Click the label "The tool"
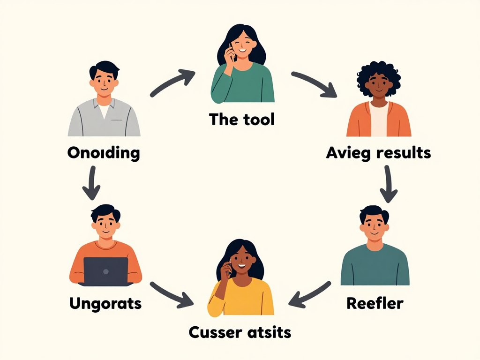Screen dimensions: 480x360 coord(242,119)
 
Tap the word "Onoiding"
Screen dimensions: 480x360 coord(104,153)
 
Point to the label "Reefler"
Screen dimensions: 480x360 coord(375,303)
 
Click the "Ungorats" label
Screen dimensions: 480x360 coord(105,304)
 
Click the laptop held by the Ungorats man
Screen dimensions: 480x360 coord(106,271)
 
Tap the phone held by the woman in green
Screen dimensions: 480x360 coord(231,52)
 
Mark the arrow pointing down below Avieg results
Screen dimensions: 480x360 coord(389,184)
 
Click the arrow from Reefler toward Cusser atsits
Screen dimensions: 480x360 coord(309,294)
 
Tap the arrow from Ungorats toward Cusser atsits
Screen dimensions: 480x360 coord(172,295)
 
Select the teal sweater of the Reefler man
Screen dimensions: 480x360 coord(375,266)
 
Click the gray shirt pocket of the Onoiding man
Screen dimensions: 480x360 coord(116,120)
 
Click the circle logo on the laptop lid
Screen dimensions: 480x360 coord(106,271)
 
